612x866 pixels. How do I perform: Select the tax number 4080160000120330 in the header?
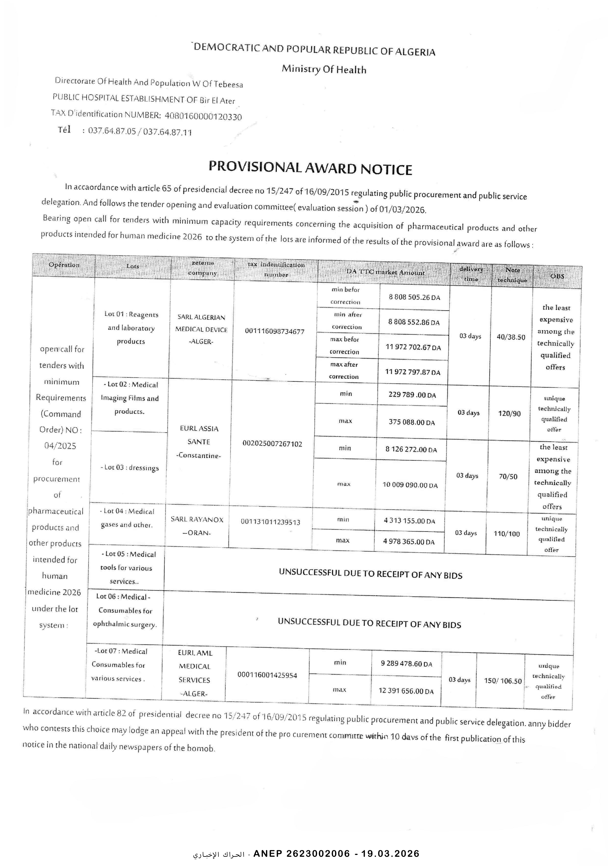pyautogui.click(x=203, y=116)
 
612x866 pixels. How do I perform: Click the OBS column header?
pyautogui.click(x=557, y=276)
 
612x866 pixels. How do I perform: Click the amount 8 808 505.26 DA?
pyautogui.click(x=414, y=297)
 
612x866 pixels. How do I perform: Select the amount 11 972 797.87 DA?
pyautogui.click(x=413, y=372)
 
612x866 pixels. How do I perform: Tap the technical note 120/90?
pyautogui.click(x=509, y=414)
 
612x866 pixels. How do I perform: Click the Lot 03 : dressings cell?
pyautogui.click(x=129, y=468)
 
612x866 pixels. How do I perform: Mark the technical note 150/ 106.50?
pyautogui.click(x=503, y=681)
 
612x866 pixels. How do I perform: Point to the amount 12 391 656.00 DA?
pyautogui.click(x=406, y=691)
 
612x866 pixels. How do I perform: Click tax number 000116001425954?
pyautogui.click(x=267, y=675)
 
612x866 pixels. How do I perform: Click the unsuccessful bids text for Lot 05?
pyautogui.click(x=370, y=574)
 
